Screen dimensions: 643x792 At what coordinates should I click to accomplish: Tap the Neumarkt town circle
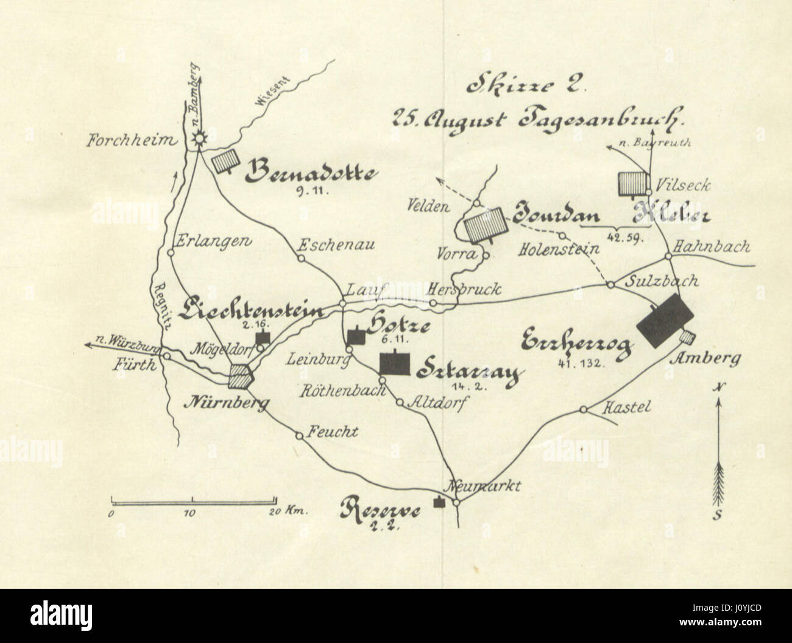click(456, 502)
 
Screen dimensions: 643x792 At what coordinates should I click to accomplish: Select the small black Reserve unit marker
click(437, 503)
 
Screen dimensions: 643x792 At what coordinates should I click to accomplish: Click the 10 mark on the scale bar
click(189, 513)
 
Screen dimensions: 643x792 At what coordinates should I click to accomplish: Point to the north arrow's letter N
click(720, 387)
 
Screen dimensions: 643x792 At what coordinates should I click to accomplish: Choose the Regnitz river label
click(161, 308)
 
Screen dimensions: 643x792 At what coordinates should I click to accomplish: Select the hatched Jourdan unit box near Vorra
click(485, 225)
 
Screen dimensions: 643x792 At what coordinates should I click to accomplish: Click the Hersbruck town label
click(464, 288)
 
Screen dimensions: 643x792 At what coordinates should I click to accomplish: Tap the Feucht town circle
click(299, 435)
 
